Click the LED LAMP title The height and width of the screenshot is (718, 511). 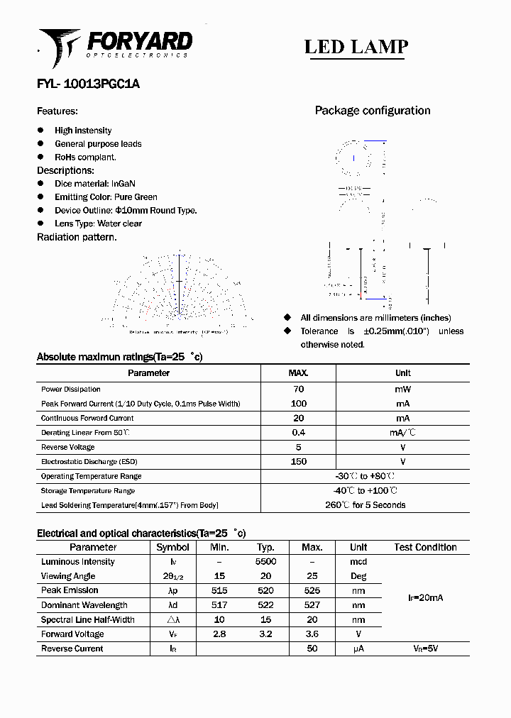pos(356,47)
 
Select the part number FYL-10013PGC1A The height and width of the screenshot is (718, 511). pos(88,84)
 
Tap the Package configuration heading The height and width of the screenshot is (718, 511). pos(372,111)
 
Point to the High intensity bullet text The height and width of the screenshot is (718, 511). pos(83,131)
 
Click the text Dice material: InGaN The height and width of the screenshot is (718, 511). pos(94,184)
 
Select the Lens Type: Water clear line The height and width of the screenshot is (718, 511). pos(98,223)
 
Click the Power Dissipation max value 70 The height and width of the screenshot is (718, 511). pos(298,389)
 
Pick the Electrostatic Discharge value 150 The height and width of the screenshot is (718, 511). pos(298,462)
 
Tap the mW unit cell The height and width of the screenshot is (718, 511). pos(402,389)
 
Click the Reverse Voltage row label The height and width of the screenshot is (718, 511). pos(68,448)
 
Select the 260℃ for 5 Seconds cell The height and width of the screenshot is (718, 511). pos(365,505)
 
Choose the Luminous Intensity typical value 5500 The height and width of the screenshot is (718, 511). pos(265,562)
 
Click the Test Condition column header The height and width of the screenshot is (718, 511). pos(425,547)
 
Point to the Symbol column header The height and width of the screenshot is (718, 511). pos(172,547)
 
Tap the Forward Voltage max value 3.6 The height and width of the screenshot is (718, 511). pos(312,634)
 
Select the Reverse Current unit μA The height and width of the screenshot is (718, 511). pos(358,648)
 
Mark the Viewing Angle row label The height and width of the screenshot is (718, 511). pos(68,576)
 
